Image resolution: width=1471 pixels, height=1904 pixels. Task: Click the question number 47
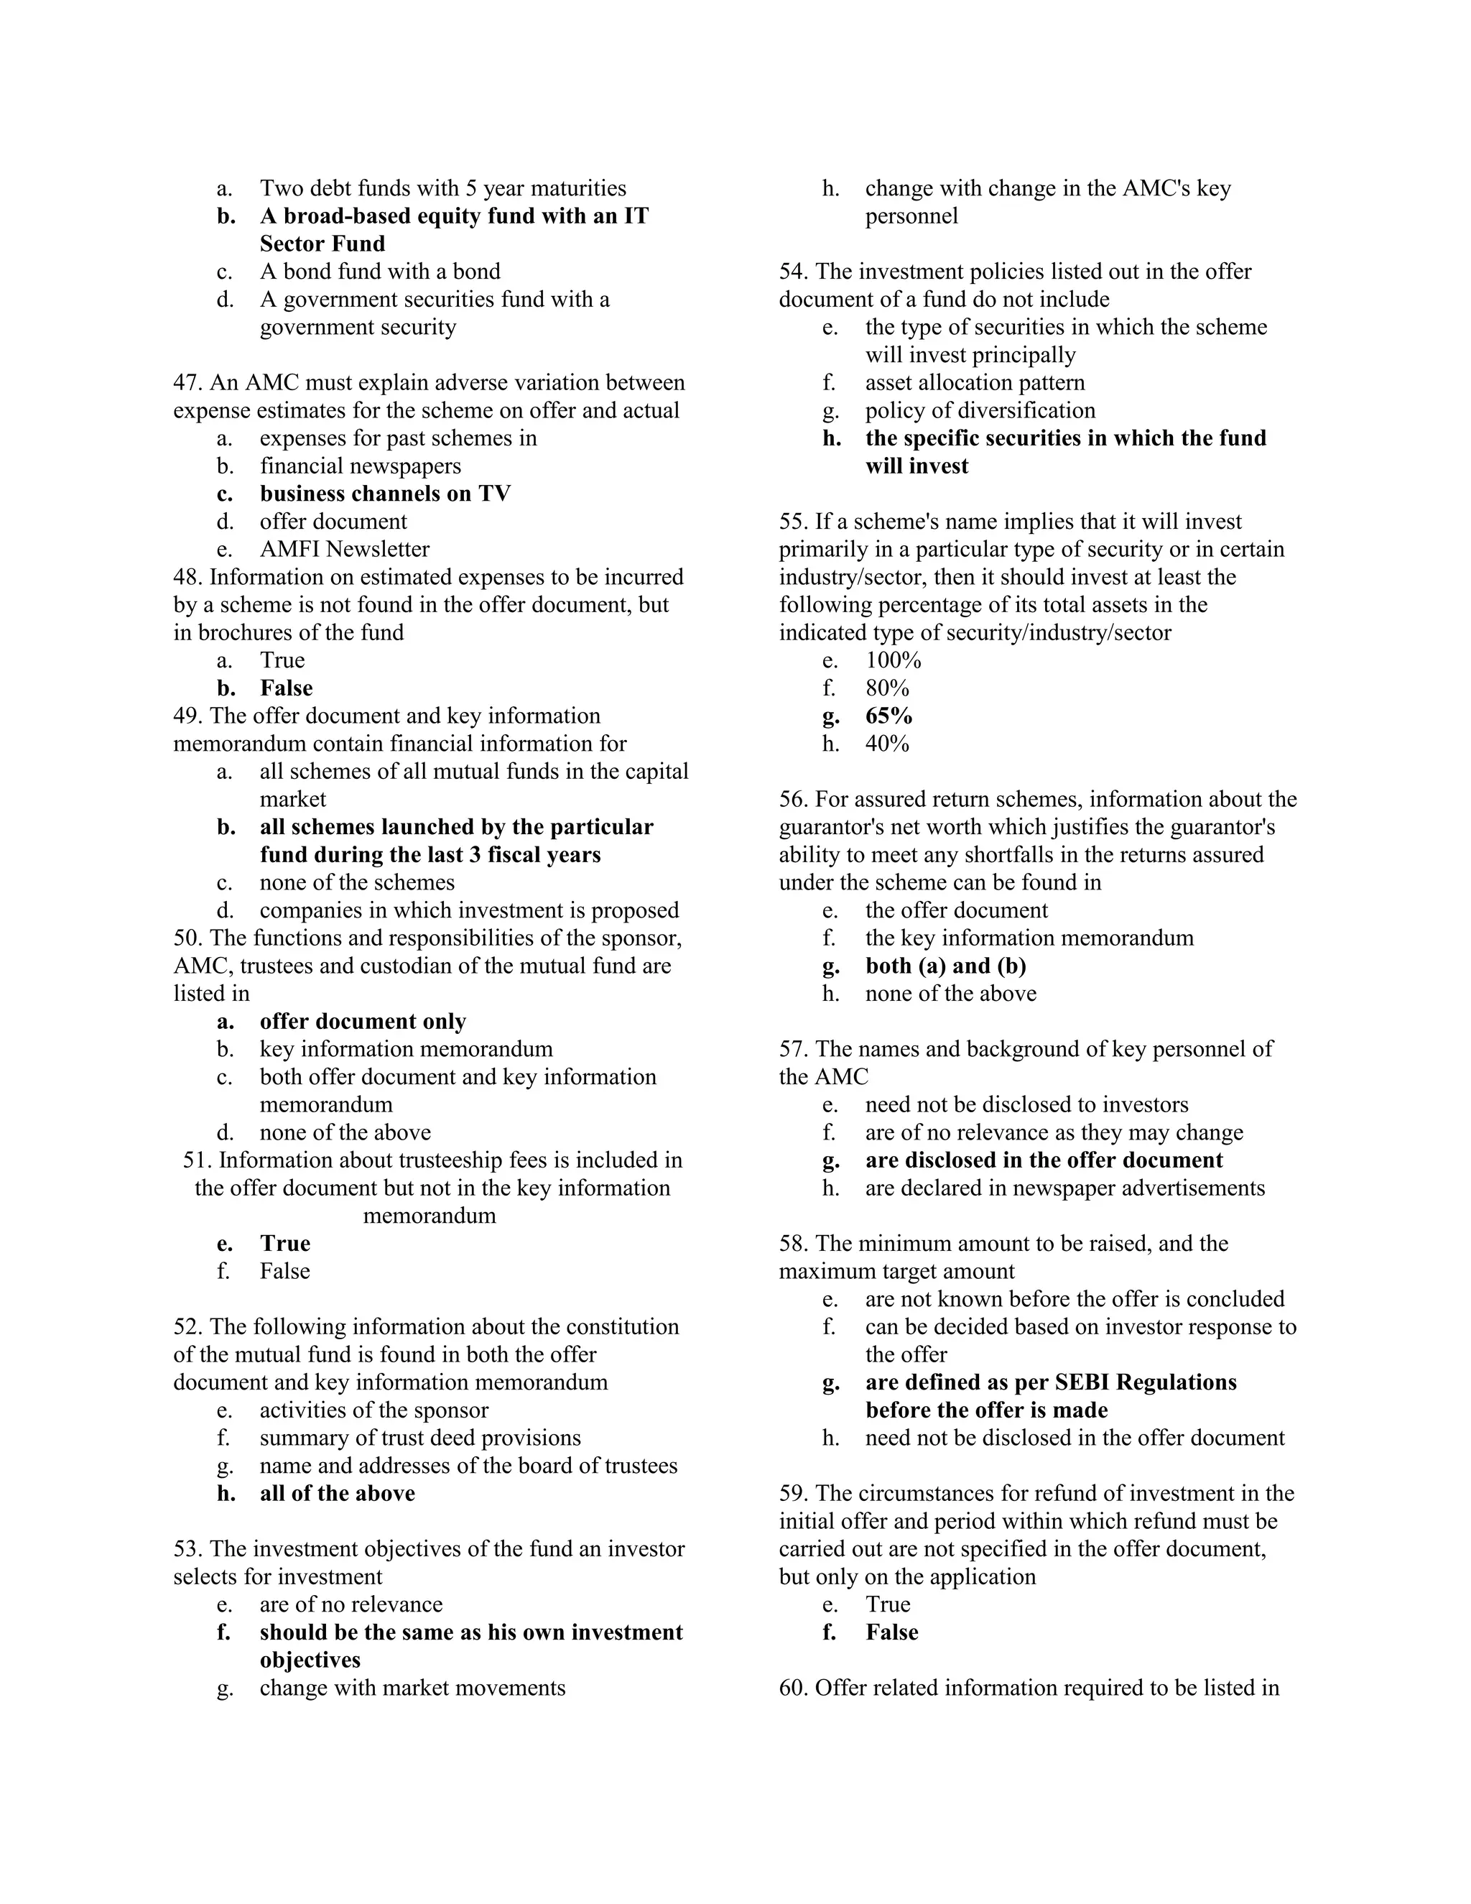point(188,383)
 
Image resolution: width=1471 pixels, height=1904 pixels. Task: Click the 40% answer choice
point(886,744)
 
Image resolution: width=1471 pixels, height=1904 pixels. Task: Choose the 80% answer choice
point(886,688)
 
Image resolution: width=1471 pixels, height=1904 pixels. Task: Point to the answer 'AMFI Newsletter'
point(344,549)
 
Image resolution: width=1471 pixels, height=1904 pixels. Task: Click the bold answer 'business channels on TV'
point(384,494)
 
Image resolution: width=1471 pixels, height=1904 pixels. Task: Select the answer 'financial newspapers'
point(360,466)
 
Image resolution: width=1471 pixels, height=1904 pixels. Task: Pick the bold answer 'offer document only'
point(363,1021)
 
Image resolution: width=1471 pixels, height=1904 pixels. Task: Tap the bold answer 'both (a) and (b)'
point(945,966)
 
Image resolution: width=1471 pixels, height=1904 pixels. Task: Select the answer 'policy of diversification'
point(980,410)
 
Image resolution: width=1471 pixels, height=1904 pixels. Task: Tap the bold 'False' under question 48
point(286,688)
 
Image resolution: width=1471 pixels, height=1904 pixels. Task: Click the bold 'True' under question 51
point(284,1243)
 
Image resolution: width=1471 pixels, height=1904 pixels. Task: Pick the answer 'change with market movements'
point(412,1688)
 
